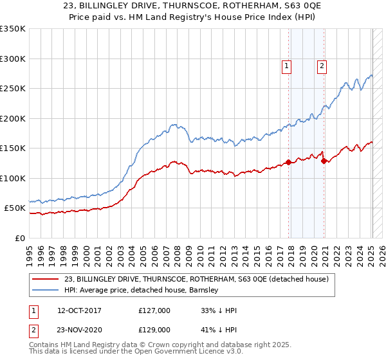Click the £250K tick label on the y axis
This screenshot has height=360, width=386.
13,89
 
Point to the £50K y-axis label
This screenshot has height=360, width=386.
15,208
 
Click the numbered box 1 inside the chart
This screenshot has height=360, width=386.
285,64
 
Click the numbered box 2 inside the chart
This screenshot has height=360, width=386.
321,64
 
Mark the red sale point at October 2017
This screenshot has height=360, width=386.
288,162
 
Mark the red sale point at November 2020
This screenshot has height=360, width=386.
324,161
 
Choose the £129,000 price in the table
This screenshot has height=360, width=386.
154,328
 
